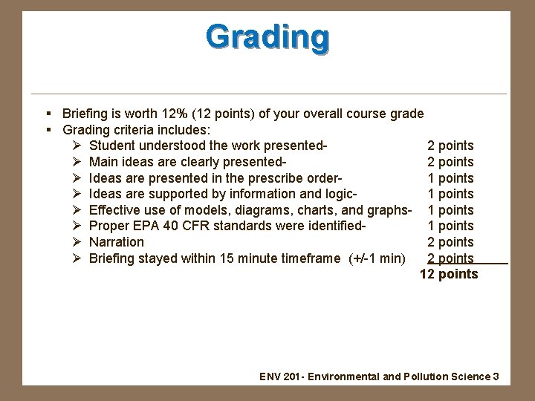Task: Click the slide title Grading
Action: coord(267,36)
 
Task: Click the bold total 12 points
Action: coord(449,275)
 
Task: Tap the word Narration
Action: coord(117,242)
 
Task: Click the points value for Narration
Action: coord(450,242)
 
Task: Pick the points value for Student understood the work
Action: coord(450,146)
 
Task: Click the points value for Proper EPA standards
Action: coord(450,226)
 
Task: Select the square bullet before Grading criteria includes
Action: coord(48,130)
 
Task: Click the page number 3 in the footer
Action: coord(496,376)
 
